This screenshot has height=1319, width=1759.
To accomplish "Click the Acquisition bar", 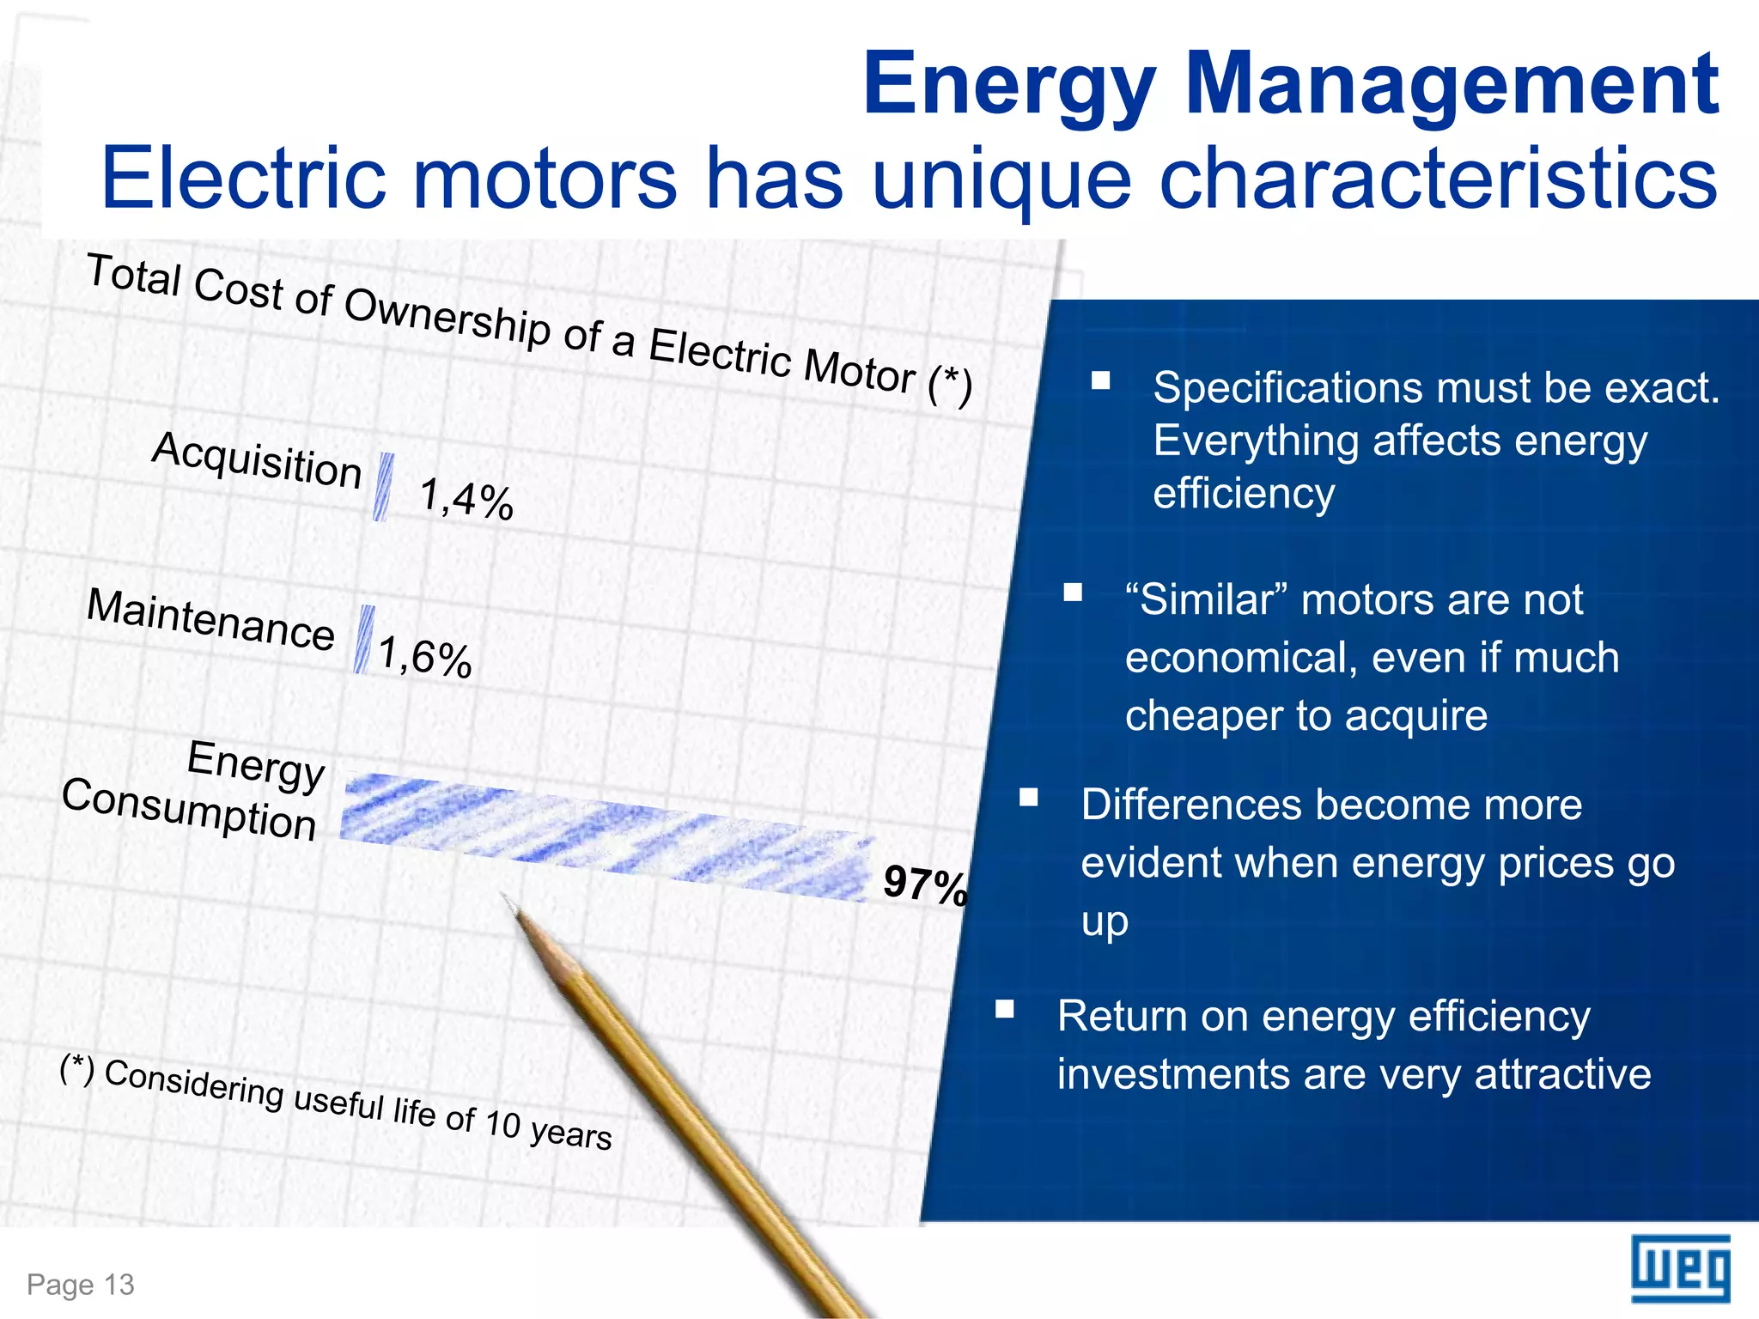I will (383, 487).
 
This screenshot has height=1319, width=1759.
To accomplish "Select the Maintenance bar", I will (364, 640).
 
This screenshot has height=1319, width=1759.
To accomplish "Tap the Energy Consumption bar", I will (606, 837).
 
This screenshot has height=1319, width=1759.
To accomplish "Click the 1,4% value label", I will (466, 499).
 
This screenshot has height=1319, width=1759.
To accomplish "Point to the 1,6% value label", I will (425, 658).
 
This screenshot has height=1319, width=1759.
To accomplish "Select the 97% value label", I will (925, 884).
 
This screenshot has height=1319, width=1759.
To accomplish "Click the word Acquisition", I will (257, 460).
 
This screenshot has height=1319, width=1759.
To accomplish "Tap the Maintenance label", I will (210, 620).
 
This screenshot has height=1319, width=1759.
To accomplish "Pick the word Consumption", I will (189, 809).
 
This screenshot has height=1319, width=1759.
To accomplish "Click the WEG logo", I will (1680, 1268).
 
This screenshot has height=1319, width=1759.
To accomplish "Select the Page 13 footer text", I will (81, 1285).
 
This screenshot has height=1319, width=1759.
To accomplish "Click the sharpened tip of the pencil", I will (508, 900).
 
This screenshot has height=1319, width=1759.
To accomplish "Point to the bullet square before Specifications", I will (1100, 380).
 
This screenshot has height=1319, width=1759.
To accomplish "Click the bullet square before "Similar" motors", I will (1073, 593).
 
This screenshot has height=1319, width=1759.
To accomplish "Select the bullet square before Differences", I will (1029, 798).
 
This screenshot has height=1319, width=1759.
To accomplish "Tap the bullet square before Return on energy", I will (1005, 1008).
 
